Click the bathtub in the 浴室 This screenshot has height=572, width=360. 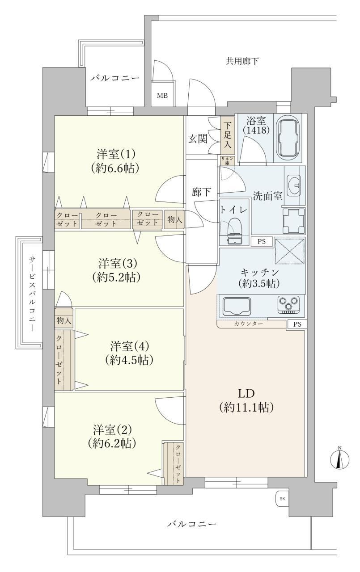288,138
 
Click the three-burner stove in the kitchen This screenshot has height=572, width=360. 288,305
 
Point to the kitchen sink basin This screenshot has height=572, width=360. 237,306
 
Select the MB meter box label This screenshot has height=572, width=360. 162,96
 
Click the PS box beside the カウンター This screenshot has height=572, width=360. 297,324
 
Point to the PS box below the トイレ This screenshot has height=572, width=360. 261,241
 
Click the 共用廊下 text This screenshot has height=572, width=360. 242,61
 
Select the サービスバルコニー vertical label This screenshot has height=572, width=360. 32,294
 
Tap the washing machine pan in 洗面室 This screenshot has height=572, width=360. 294,221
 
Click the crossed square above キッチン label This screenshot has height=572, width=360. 290,251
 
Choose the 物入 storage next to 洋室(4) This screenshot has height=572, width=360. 64,320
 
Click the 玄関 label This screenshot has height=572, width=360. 198,139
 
